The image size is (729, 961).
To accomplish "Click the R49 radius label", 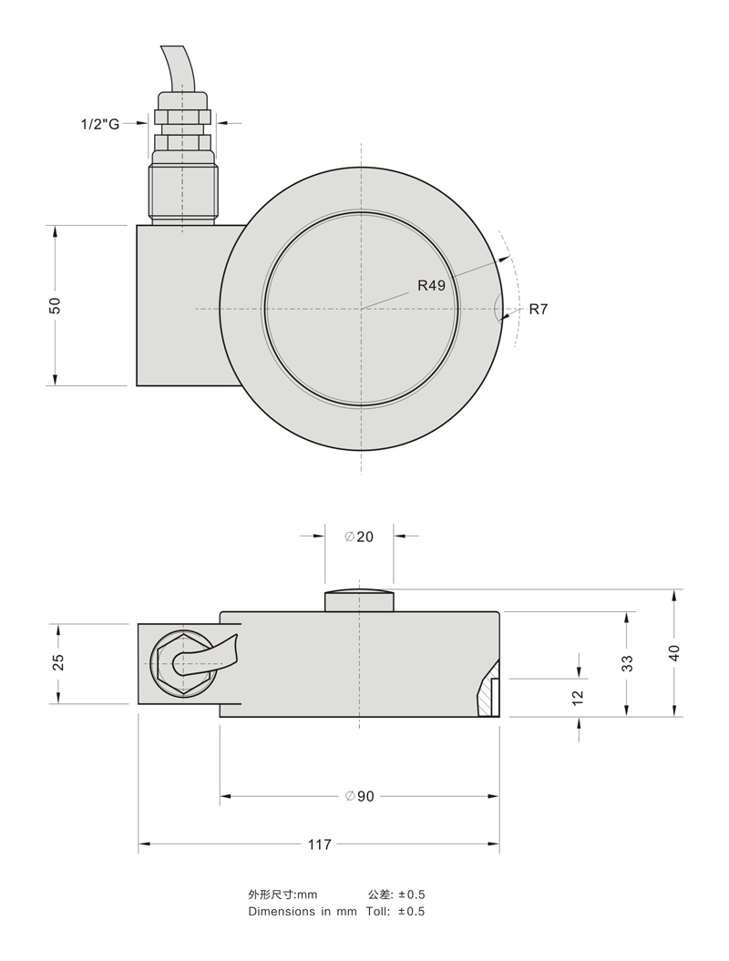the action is (x=431, y=286).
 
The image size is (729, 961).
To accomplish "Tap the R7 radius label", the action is (x=538, y=309).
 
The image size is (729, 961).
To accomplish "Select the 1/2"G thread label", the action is (x=100, y=125).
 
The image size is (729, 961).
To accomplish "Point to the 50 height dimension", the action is (x=56, y=305).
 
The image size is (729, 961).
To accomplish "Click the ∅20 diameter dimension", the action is (x=359, y=537).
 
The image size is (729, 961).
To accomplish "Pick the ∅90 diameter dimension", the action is (x=359, y=796).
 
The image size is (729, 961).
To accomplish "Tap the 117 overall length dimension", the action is (x=320, y=844).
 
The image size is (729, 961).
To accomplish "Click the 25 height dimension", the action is (x=58, y=662).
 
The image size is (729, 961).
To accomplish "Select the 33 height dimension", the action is (x=627, y=664).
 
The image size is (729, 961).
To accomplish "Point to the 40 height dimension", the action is (x=674, y=653).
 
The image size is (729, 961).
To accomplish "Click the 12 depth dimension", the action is (x=578, y=697).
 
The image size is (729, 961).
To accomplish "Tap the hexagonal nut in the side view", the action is (x=182, y=664).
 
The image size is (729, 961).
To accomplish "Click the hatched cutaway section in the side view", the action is (x=488, y=695).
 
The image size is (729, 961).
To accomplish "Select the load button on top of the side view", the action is (x=359, y=600).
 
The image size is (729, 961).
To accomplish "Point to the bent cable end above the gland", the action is (x=179, y=68).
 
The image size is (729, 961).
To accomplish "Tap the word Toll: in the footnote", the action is (x=377, y=912).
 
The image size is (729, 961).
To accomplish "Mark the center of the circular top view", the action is (x=361, y=308).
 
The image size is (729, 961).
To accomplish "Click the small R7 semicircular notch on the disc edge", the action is (x=498, y=308).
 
